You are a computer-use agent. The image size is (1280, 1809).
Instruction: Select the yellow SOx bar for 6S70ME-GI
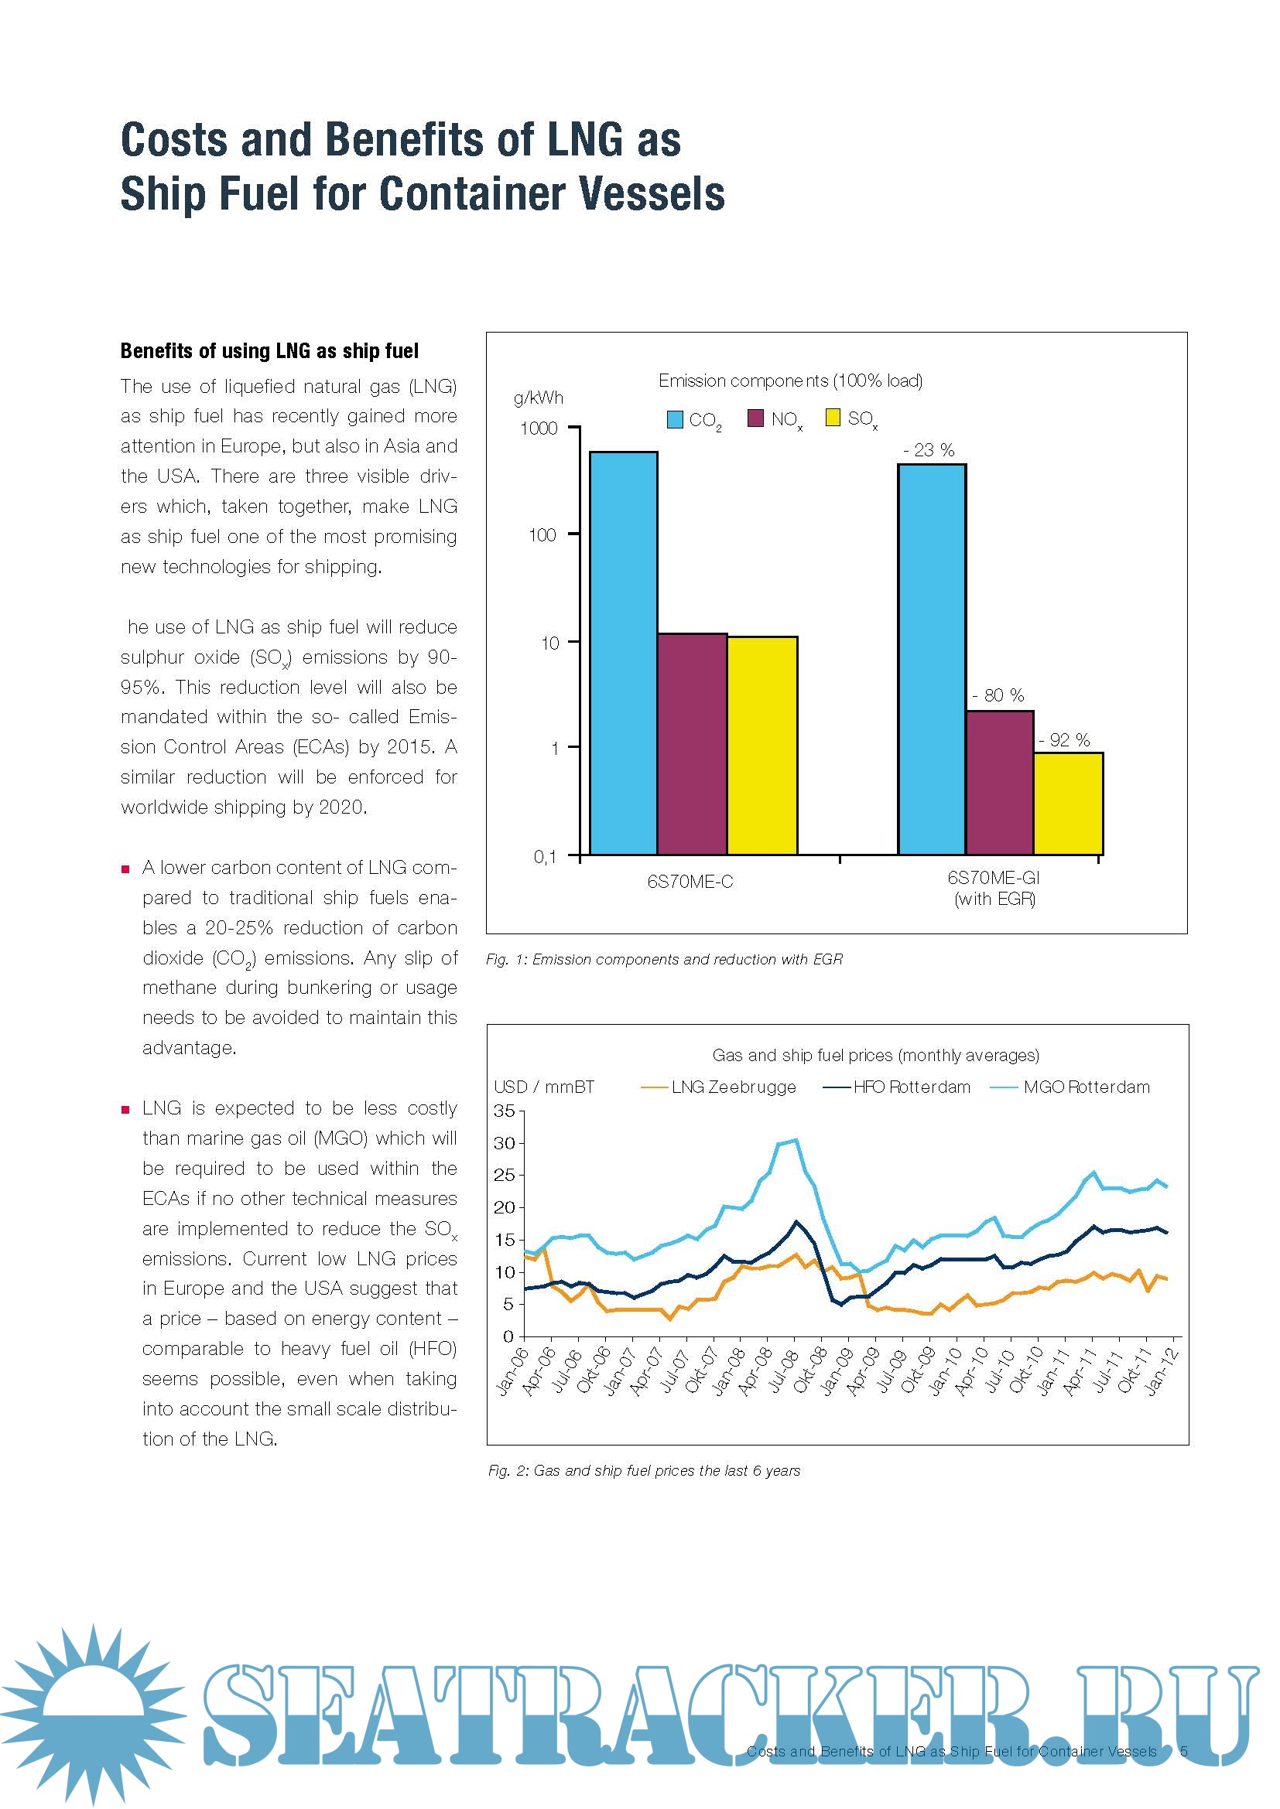click(1068, 803)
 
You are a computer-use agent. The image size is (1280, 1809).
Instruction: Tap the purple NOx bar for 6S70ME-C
click(692, 744)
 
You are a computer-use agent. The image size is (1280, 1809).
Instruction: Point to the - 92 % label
click(1064, 740)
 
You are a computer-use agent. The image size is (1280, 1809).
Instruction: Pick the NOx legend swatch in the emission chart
click(755, 418)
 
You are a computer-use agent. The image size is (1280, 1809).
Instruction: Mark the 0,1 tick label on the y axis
click(545, 856)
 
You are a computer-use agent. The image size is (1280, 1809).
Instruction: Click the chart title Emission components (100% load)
click(790, 381)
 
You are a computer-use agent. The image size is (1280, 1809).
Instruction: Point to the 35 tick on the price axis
click(504, 1111)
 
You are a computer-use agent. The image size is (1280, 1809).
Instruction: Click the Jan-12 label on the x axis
click(1162, 1371)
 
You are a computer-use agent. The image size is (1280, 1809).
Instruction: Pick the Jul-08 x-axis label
click(784, 1371)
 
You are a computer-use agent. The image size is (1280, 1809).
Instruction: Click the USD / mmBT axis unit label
click(544, 1087)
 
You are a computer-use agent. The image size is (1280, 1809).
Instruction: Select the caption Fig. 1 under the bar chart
click(664, 959)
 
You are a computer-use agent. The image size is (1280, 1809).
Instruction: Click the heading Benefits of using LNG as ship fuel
click(269, 351)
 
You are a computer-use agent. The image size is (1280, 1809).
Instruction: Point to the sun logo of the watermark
click(93, 1710)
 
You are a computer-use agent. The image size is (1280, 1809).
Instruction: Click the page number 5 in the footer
click(1184, 1751)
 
